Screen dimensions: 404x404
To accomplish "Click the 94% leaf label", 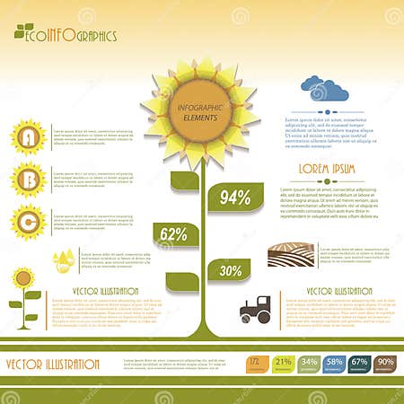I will pyautogui.click(x=234, y=198).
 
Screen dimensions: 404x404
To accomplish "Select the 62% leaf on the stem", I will pyautogui.click(x=173, y=235).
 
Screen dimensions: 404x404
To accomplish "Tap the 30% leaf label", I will pyautogui.click(x=231, y=269).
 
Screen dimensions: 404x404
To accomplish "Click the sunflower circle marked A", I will pyautogui.click(x=28, y=136).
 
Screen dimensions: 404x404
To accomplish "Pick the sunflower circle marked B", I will pyautogui.click(x=28, y=179).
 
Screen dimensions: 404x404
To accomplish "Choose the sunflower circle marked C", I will pyautogui.click(x=28, y=221).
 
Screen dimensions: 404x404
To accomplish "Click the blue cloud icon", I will pyautogui.click(x=324, y=89).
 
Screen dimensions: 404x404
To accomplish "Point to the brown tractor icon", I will pyautogui.click(x=256, y=309).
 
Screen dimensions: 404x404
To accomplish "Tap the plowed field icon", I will pyautogui.click(x=291, y=255).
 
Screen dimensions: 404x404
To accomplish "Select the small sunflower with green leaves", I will pyautogui.click(x=24, y=293).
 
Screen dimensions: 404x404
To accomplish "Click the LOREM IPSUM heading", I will pyautogui.click(x=326, y=168).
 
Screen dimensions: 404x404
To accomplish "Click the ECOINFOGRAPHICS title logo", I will pyautogui.click(x=66, y=35).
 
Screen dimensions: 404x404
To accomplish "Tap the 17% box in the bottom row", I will pyautogui.click(x=256, y=364).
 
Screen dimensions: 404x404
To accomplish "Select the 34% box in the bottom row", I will pyautogui.click(x=309, y=364).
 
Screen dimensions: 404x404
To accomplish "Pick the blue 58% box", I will pyautogui.click(x=334, y=364).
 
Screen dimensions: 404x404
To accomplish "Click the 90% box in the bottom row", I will pyautogui.click(x=385, y=364).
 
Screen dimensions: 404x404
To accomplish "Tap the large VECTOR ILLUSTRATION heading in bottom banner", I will pyautogui.click(x=52, y=364).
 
